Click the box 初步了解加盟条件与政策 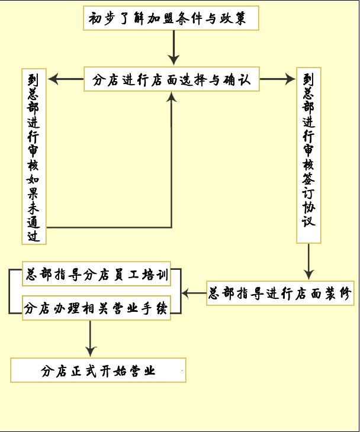(x=172, y=19)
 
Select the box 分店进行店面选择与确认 (x=172, y=80)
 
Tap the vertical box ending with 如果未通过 (x=34, y=157)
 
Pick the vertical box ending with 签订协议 (x=308, y=156)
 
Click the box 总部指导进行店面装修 (x=280, y=293)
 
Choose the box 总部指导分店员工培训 (x=97, y=275)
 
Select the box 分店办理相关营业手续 (x=97, y=308)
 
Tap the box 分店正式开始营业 (x=98, y=370)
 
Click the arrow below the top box (x=173, y=47)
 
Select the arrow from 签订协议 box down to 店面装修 (x=308, y=261)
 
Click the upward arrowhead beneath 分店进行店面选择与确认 (x=172, y=98)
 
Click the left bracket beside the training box (x=11, y=291)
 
